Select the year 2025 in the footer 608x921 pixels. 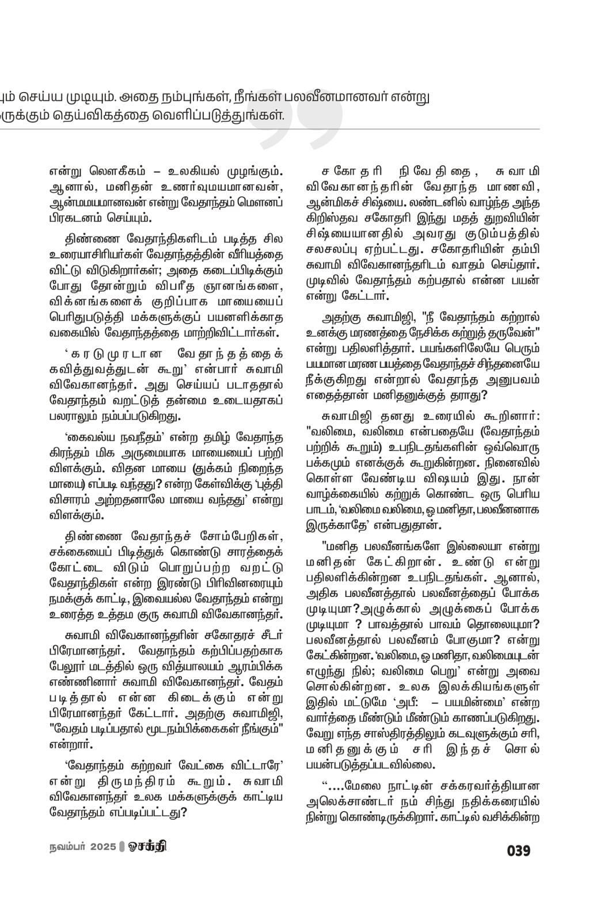(102, 847)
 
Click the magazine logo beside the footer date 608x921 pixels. (148, 847)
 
